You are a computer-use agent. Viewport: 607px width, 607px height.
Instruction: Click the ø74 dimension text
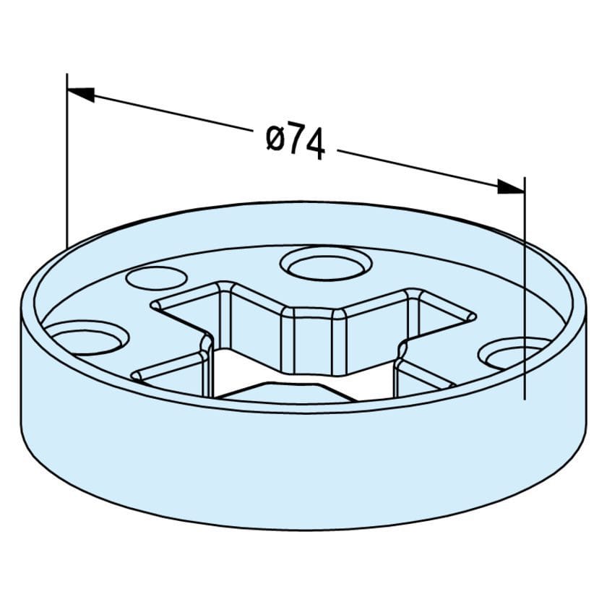click(296, 140)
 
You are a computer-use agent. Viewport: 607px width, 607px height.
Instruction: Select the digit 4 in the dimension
click(314, 145)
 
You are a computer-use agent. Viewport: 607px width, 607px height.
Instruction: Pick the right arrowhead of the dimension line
click(510, 187)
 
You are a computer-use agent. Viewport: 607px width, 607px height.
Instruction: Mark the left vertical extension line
click(66, 159)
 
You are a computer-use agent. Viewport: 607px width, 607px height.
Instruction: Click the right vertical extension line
click(524, 289)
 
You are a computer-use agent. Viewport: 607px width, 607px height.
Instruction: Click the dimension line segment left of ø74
click(173, 115)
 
